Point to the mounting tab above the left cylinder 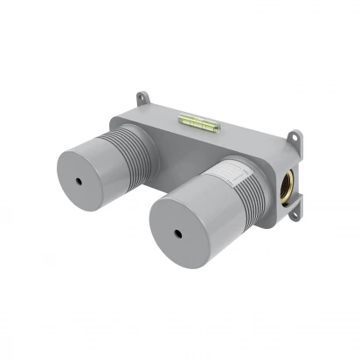point(142,97)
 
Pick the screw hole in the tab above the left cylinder point(142,93)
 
